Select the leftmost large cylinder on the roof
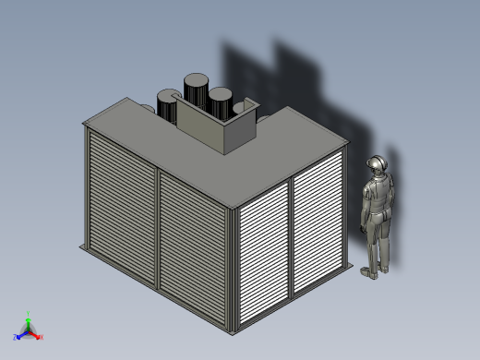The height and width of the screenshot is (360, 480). (168, 106)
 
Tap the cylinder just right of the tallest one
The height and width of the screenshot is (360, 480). (220, 102)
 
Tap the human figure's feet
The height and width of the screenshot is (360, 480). (372, 271)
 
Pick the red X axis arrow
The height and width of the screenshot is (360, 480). (37, 336)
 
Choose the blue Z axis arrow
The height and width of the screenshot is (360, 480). (18, 336)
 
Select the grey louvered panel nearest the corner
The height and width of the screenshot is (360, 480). (193, 244)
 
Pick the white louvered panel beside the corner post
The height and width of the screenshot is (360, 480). (263, 254)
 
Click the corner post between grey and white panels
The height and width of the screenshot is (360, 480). (231, 268)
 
